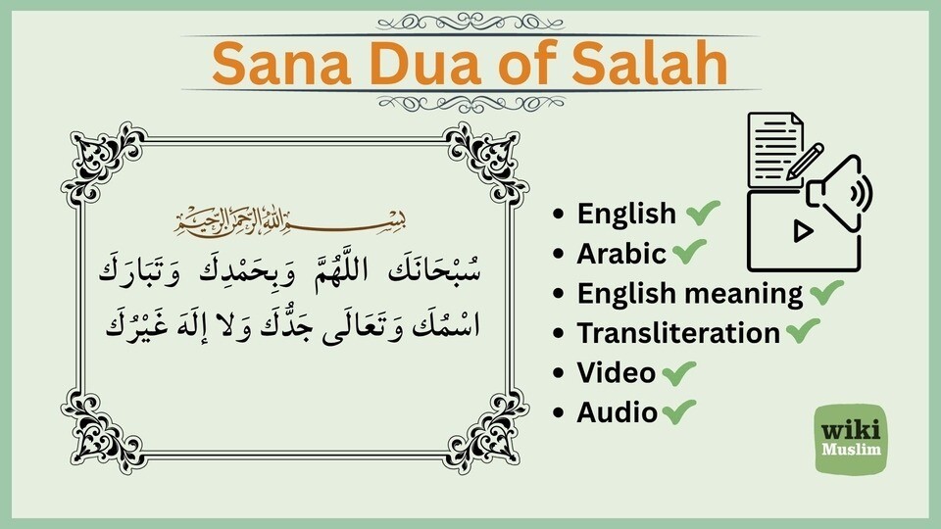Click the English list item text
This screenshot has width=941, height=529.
[626, 214]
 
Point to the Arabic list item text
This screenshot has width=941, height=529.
[621, 254]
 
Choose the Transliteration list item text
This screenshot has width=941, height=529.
[678, 333]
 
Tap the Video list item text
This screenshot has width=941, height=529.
[616, 373]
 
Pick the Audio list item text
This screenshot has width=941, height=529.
[617, 412]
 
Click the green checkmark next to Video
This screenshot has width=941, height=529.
[679, 372]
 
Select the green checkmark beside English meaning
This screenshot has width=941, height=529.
[826, 292]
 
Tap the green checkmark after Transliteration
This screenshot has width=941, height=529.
[803, 332]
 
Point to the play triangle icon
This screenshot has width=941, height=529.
[802, 232]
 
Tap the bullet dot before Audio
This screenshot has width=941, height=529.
[559, 413]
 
